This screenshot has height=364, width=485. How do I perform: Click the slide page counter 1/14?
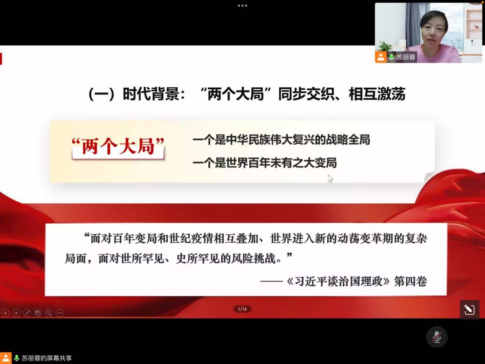(x=242, y=309)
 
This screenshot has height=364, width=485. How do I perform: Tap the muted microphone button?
(x=437, y=337)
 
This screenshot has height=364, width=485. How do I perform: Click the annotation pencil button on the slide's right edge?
(x=469, y=310)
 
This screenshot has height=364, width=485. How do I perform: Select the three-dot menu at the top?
(x=242, y=6)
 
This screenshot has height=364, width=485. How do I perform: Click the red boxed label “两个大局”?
(x=118, y=147)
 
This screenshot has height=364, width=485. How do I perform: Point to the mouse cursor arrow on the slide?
(x=330, y=179)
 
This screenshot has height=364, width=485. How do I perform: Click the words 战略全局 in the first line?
(x=348, y=140)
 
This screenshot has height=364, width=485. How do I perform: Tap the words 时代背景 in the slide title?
(x=151, y=94)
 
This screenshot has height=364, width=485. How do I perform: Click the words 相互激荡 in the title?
(x=377, y=94)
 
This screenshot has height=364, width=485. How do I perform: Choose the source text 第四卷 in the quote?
(x=411, y=282)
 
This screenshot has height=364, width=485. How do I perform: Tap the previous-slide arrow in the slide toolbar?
(x=5, y=313)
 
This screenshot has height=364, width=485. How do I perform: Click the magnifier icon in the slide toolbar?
(x=48, y=313)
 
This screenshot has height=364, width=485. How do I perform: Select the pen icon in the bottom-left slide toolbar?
(x=27, y=313)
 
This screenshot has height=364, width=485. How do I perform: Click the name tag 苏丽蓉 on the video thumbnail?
(x=406, y=57)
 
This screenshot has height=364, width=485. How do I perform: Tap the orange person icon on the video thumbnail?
(x=381, y=57)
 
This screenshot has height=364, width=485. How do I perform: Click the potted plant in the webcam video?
(x=385, y=46)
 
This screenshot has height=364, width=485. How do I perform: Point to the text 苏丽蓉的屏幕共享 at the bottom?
(x=47, y=358)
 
